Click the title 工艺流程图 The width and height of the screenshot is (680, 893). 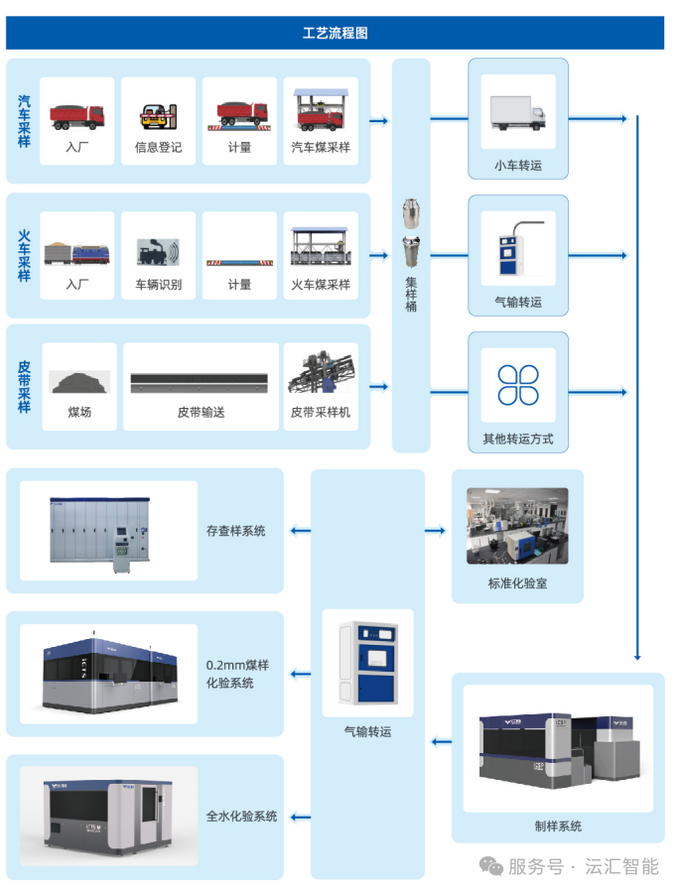click(335, 33)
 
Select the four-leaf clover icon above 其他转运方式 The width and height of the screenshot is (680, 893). click(517, 385)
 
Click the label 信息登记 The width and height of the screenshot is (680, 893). click(159, 148)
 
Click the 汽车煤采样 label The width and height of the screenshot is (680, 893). click(321, 148)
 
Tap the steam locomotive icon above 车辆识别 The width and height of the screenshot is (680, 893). click(159, 251)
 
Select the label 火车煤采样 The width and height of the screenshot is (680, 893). click(321, 285)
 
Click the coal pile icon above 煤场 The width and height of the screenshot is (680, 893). click(79, 381)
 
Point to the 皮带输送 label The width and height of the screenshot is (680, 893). click(201, 412)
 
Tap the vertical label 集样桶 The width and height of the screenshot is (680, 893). click(411, 295)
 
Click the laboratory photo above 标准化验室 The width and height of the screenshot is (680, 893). click(517, 526)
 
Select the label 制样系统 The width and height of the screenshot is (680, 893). click(558, 826)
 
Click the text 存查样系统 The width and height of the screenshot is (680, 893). click(235, 531)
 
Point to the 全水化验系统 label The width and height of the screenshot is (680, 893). click(241, 817)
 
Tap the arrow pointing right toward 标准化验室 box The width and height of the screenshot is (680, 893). click(435, 531)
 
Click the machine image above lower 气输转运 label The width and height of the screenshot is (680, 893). click(368, 662)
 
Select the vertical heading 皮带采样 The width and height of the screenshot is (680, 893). click(24, 387)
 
